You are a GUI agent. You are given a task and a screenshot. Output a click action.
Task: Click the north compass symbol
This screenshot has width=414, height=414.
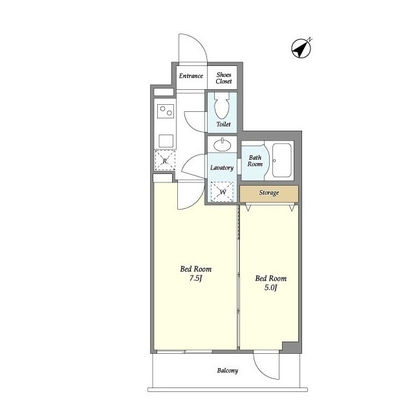(x=301, y=49)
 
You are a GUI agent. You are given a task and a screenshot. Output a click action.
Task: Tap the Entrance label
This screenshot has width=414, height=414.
(x=191, y=76)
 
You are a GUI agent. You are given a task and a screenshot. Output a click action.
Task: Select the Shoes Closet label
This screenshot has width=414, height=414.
(x=224, y=78)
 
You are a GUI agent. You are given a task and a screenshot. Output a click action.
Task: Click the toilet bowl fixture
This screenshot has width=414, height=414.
(x=222, y=105)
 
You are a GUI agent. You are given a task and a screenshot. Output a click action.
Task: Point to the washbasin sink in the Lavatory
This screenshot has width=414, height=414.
(x=222, y=145)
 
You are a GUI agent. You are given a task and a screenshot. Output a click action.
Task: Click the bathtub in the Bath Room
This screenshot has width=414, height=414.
(x=282, y=160)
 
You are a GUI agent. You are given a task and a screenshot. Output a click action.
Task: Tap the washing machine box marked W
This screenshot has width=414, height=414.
(x=222, y=192)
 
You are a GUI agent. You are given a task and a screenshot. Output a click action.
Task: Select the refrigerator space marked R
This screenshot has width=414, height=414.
(x=165, y=160)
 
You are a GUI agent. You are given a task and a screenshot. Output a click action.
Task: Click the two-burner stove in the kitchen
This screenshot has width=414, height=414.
(x=166, y=111)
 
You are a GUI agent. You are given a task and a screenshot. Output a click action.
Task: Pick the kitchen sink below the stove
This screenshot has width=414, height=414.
(x=166, y=141)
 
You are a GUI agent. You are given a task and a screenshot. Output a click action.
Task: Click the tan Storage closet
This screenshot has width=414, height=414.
(x=269, y=193)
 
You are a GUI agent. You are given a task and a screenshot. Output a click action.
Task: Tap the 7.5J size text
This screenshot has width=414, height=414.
(x=195, y=278)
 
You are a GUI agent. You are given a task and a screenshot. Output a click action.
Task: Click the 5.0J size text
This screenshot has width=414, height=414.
(x=270, y=287)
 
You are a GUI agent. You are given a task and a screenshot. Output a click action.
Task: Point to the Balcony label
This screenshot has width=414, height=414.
(x=228, y=371)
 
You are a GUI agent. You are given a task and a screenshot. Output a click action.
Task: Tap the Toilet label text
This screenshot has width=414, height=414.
(x=223, y=124)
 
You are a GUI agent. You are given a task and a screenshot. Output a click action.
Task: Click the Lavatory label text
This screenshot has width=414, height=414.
(x=222, y=168)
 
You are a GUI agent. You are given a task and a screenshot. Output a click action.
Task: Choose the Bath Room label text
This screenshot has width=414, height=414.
(x=255, y=161)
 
